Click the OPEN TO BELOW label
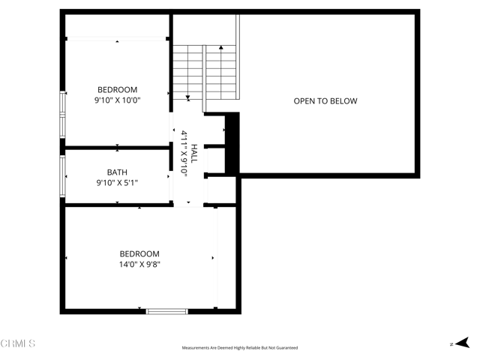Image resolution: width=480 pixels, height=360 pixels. tap(325, 101)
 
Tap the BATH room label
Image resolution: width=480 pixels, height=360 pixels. tap(117, 172)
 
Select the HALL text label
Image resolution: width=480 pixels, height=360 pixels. tap(193, 154)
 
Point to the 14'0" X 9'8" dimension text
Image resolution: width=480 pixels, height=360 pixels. tap(139, 264)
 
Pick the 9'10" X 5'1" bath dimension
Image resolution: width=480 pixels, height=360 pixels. tap(117, 182)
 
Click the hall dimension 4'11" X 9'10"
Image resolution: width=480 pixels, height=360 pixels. tap(184, 154)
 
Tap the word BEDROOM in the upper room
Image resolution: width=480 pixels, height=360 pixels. tap(117, 89)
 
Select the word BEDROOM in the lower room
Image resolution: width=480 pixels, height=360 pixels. tap(139, 253)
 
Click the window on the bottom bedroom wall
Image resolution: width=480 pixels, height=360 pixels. tap(166, 310)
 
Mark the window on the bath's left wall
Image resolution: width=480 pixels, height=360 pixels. tap(63, 176)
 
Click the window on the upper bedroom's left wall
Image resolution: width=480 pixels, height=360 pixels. tap(63, 112)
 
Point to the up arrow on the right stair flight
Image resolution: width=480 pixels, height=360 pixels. tap(221, 49)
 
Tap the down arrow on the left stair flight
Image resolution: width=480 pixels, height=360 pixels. tap(187, 97)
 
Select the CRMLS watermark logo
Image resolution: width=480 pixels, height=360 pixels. tap(18, 343)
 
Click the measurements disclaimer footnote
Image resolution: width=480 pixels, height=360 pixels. tap(240, 348)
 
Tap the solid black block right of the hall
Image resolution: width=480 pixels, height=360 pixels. tap(232, 142)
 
